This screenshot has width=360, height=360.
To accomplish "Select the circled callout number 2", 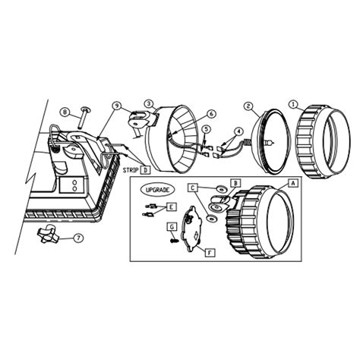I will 248,106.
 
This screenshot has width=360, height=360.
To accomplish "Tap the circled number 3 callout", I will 149,103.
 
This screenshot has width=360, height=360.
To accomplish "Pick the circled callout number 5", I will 204,131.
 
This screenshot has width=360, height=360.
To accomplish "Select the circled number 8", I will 65,112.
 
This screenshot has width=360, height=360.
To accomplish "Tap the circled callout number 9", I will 116,106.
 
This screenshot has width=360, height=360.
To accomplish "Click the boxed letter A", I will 292,184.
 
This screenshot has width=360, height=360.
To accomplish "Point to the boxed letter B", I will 235,183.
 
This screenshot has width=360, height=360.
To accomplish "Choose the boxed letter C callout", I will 194,186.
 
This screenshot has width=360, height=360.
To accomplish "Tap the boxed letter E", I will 172,206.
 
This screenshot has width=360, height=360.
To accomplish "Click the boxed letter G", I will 172,226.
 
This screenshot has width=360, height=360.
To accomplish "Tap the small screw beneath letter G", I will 172,240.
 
